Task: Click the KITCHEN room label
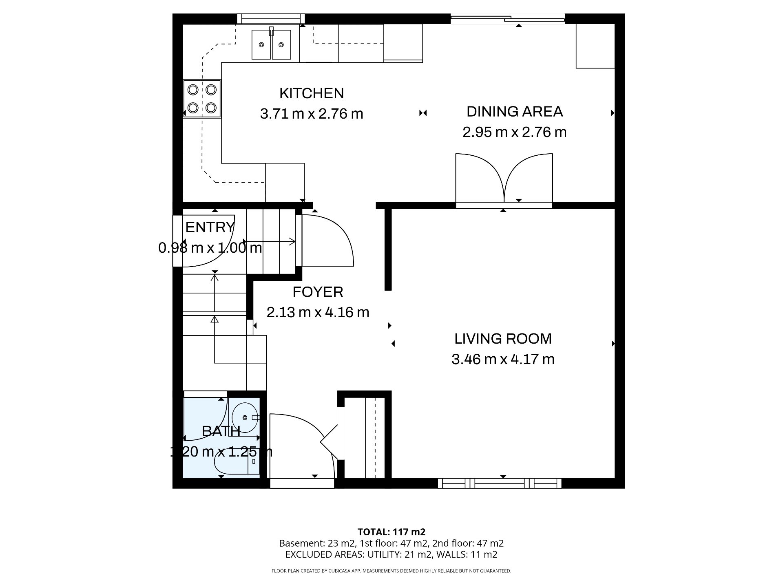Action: click(312, 93)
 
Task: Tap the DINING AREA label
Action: click(515, 112)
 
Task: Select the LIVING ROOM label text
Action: click(503, 339)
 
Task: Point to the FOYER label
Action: click(318, 292)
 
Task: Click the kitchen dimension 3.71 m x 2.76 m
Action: click(312, 114)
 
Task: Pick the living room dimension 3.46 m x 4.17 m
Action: click(503, 360)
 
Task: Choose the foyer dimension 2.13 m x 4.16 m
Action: click(318, 313)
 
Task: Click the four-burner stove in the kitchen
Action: click(202, 99)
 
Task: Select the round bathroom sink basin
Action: click(245, 417)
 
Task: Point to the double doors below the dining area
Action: click(504, 179)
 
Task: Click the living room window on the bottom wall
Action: click(500, 483)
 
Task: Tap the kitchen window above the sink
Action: click(271, 18)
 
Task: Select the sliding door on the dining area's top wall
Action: click(508, 18)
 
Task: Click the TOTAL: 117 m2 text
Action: click(391, 532)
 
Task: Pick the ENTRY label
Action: click(210, 227)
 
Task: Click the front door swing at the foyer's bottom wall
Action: click(303, 446)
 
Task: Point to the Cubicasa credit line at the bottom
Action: click(391, 571)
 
